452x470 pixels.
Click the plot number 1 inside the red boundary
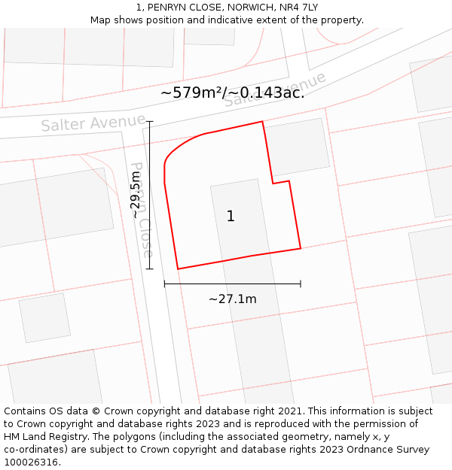[x=231, y=217]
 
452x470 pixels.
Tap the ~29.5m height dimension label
[x=136, y=195]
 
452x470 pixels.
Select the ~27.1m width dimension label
[x=232, y=299]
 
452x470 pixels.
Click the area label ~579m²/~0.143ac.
[x=232, y=92]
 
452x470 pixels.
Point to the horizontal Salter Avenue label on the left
[x=93, y=123]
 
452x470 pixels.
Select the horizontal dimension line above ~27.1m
[x=232, y=284]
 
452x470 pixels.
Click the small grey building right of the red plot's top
[x=298, y=147]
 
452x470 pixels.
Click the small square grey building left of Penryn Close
[x=44, y=317]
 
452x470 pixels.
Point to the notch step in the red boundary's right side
[x=280, y=182]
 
